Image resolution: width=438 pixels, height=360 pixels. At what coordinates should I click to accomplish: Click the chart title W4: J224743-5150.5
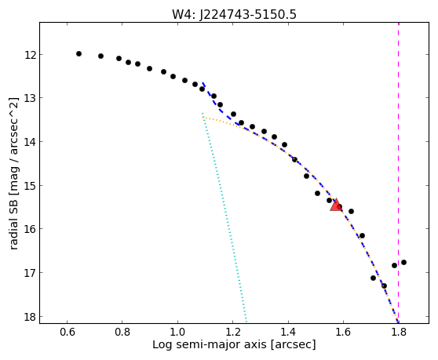(234, 15)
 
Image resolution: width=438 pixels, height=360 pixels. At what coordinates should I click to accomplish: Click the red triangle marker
(336, 205)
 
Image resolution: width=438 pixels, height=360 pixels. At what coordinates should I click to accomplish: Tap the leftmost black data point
(78, 53)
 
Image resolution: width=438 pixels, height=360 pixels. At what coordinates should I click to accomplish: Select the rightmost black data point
(403, 262)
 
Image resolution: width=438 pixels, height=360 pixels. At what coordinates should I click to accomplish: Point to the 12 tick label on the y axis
(31, 55)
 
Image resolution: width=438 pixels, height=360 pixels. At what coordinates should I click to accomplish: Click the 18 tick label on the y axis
(31, 317)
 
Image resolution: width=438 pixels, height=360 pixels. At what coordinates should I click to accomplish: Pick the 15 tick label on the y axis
(31, 186)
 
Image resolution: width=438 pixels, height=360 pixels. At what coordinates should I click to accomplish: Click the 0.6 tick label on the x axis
(67, 333)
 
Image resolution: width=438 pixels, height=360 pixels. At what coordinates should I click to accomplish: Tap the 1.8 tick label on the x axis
(398, 333)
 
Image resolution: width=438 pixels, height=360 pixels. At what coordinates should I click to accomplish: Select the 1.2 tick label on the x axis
(232, 333)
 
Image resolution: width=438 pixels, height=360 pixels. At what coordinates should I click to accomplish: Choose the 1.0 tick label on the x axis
(177, 333)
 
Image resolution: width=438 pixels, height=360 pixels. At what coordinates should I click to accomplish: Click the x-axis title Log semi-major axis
(210, 345)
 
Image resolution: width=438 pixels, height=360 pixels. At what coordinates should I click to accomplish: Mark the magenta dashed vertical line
(398, 173)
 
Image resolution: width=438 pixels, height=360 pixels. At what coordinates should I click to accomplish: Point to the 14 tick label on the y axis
(31, 142)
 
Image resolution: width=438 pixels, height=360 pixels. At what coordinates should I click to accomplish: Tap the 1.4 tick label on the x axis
(288, 333)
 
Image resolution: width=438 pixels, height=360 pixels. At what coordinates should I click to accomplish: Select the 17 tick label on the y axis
(31, 273)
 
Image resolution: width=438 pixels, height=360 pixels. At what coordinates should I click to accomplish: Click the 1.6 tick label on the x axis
(343, 333)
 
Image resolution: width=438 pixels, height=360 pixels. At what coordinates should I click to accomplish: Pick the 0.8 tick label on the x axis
(122, 333)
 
